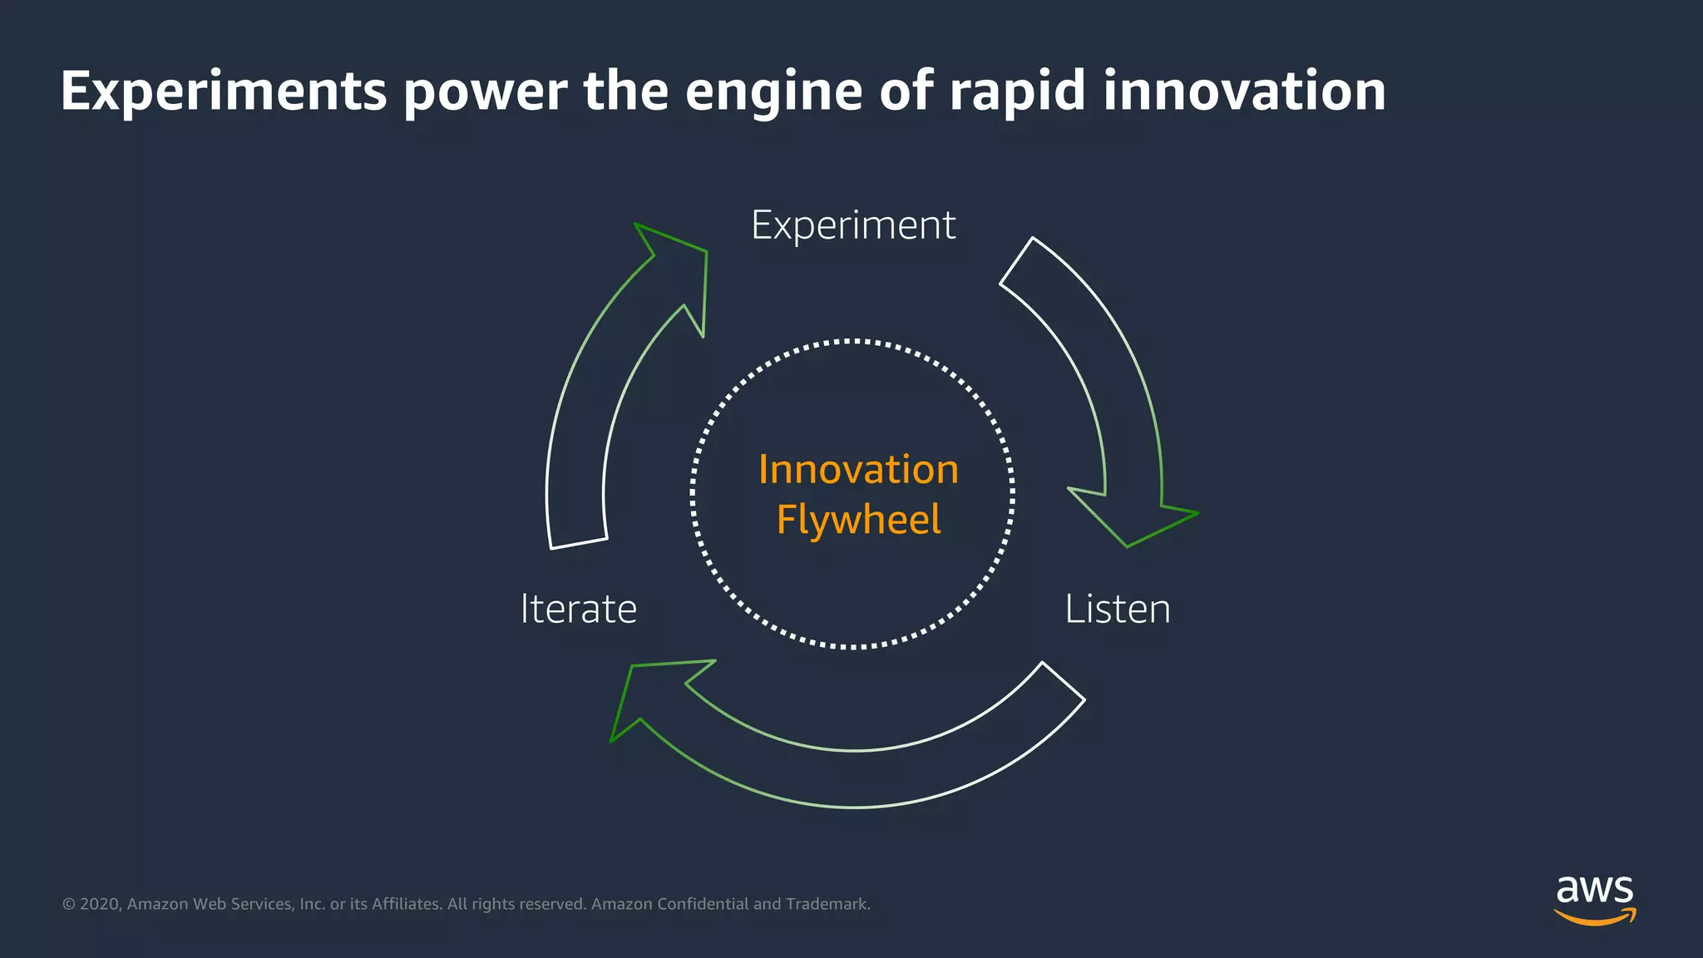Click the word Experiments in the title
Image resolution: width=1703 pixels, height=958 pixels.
pos(224,91)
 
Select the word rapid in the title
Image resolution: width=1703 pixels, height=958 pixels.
pos(1017,91)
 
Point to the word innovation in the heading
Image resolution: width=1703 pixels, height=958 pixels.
pos(1244,91)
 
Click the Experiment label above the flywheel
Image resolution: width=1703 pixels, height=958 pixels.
pos(853,225)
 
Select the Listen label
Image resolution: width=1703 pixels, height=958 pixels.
pos(1117,609)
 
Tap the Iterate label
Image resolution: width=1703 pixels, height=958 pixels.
pos(579,609)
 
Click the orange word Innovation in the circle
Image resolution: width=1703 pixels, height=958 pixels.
pos(858,470)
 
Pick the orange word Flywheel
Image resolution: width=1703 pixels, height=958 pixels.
pos(858,520)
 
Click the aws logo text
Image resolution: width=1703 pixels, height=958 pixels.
pos(1594,890)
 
